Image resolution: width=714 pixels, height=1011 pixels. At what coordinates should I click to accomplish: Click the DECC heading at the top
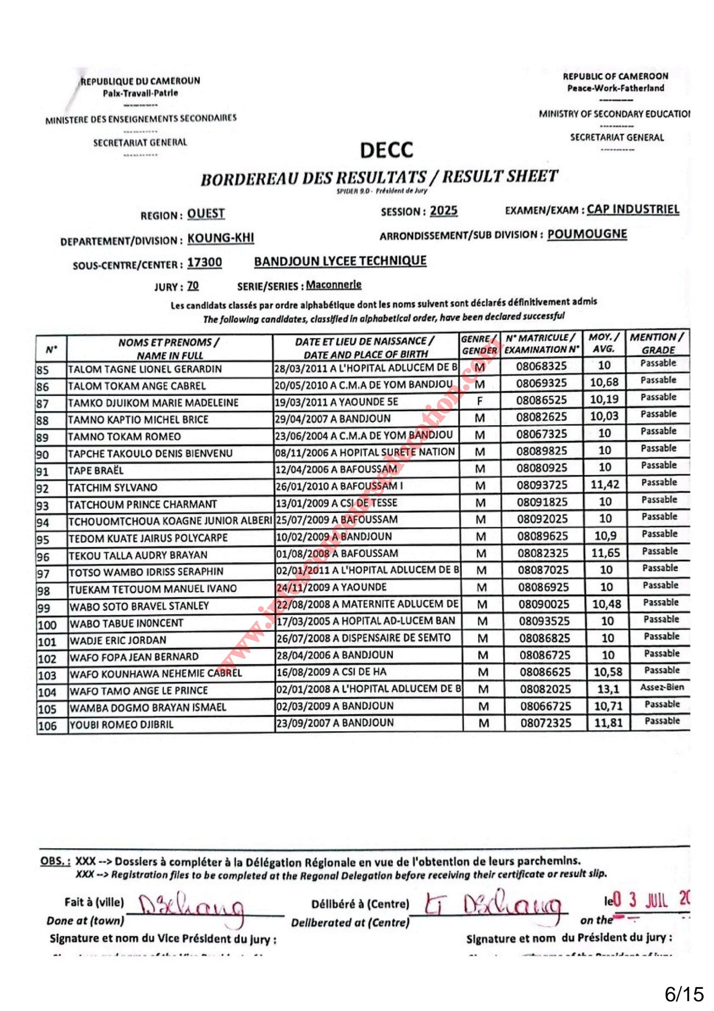click(386, 150)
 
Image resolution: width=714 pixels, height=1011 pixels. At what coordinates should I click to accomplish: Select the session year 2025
click(444, 211)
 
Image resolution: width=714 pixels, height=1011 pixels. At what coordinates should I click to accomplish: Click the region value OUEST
click(206, 214)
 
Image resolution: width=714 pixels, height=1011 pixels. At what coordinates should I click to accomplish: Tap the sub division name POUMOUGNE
click(587, 234)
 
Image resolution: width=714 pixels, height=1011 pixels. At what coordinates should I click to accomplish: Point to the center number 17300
click(204, 263)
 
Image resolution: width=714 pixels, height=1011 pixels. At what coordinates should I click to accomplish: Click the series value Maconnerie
click(334, 285)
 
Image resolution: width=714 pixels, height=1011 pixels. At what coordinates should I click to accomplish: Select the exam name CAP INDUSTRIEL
click(633, 209)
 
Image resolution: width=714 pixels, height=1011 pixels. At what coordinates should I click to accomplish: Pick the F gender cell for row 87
click(479, 401)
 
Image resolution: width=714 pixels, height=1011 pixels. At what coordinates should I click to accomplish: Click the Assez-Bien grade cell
click(662, 687)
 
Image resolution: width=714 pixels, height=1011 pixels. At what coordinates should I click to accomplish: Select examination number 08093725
click(542, 485)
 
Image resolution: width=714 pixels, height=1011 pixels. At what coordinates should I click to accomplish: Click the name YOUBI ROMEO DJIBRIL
click(121, 725)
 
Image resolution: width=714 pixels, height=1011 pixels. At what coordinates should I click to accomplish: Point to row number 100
click(47, 625)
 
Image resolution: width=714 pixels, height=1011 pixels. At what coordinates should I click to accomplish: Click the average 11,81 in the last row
click(608, 723)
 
